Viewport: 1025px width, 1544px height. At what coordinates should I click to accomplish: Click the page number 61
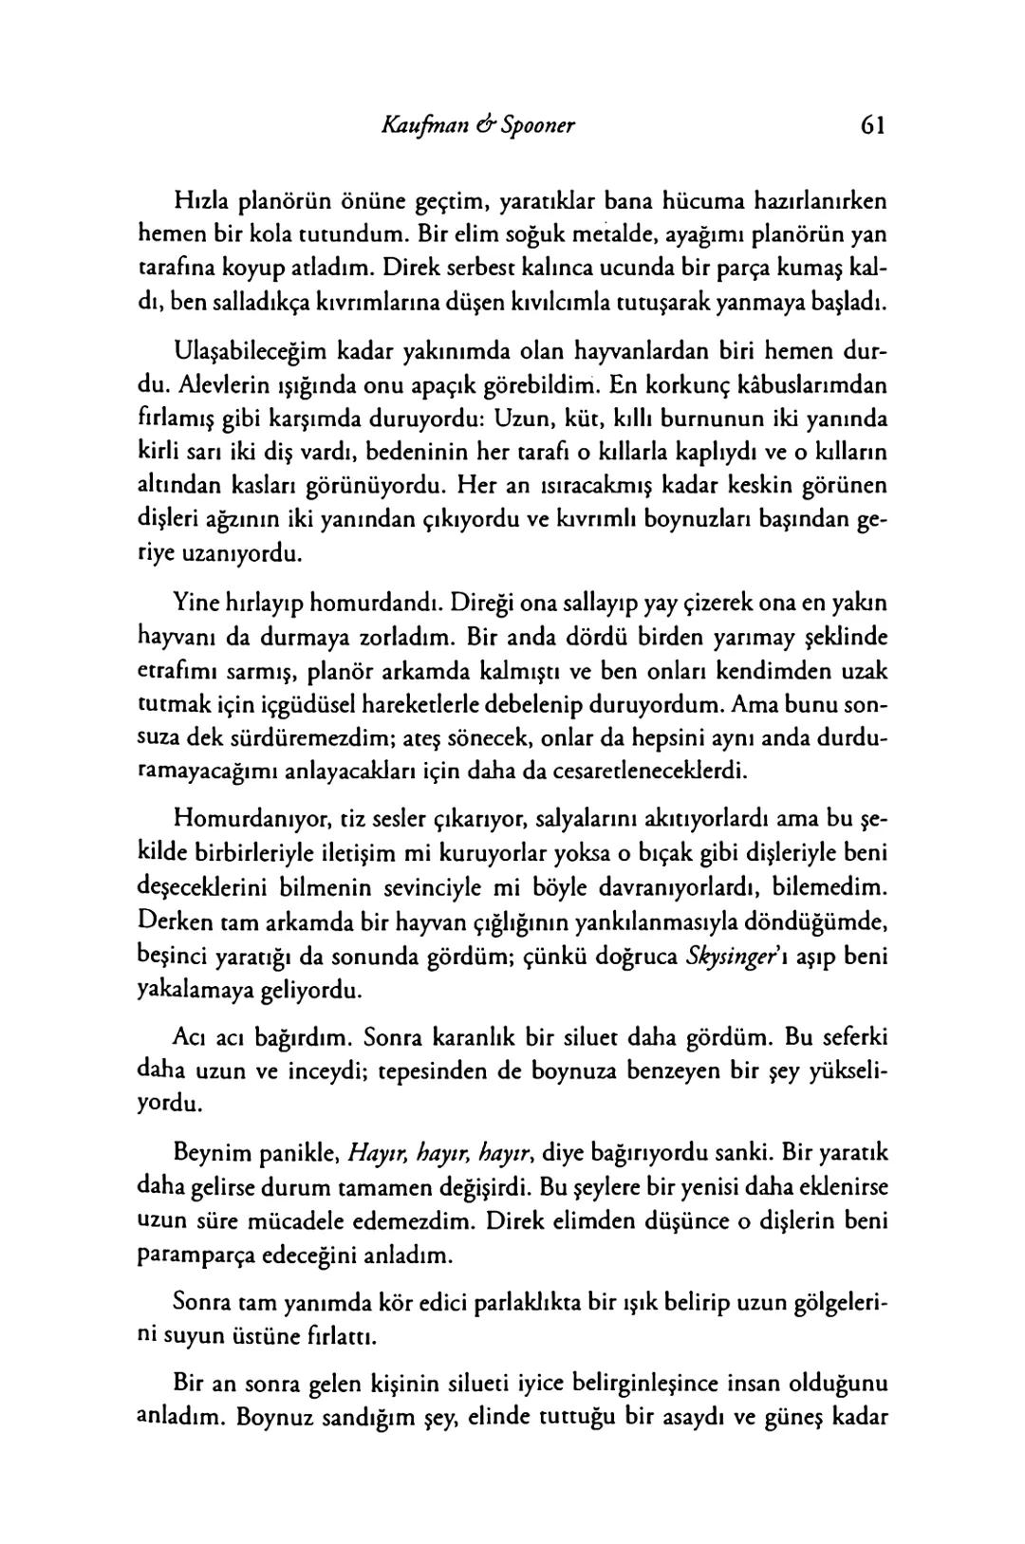872,125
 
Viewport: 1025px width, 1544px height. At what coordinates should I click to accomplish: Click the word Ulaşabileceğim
250,351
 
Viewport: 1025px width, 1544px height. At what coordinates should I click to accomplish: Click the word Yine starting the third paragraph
195,602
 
